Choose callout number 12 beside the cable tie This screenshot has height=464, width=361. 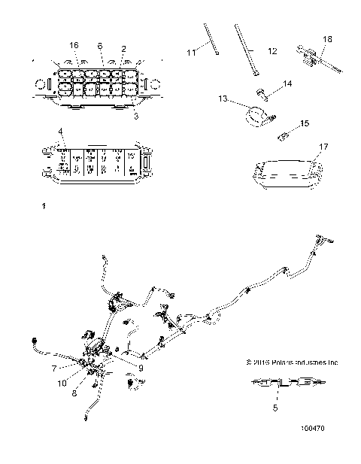(272, 50)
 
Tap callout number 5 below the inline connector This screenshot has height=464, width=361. (275, 408)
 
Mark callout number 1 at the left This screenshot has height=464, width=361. (45, 205)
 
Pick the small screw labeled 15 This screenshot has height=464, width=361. (285, 136)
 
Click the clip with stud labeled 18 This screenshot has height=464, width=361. (314, 57)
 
